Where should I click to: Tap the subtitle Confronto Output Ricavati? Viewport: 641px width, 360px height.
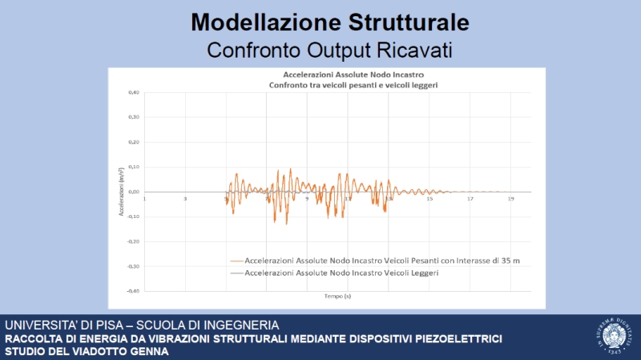329,50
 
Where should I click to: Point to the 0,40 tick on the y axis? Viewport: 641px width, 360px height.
134,93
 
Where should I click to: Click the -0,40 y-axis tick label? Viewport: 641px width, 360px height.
133,290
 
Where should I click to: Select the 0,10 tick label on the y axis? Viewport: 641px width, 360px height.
134,167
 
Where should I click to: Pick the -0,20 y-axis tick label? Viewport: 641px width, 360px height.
133,241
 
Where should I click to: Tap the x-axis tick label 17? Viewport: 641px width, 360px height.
470,199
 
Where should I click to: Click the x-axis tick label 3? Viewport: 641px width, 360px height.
185,199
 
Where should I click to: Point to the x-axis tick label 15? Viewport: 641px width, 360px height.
429,199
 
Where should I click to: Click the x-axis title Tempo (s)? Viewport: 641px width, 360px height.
337,296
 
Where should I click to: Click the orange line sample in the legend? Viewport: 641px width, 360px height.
236,261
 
